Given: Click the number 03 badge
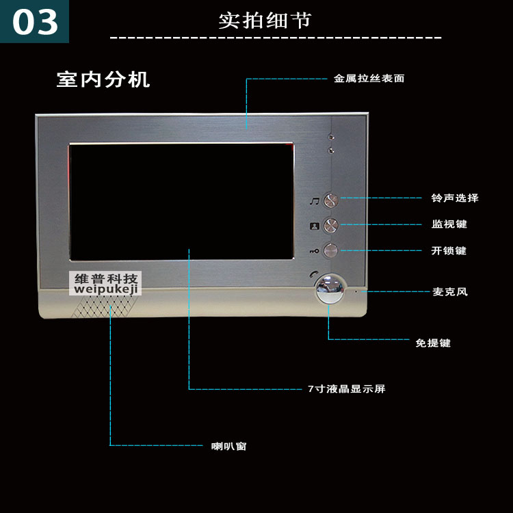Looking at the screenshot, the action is [x=35, y=21].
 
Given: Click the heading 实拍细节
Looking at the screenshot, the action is [x=265, y=20].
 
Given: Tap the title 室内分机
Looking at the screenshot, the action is [x=103, y=79].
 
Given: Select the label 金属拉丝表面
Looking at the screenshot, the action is [x=369, y=79].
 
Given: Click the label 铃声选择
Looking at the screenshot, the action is [x=454, y=198].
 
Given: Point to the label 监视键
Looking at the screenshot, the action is [x=449, y=224].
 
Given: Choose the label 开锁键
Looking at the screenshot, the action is [x=449, y=251].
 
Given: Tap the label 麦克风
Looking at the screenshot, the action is [x=449, y=292].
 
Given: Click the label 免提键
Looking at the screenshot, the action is [x=432, y=343].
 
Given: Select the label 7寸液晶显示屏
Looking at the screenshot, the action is [x=346, y=389].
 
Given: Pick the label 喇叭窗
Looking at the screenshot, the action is [x=228, y=447].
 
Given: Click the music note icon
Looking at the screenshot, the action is [x=314, y=201].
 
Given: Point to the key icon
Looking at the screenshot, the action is [x=313, y=251].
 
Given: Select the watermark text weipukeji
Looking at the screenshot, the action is [x=107, y=289].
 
